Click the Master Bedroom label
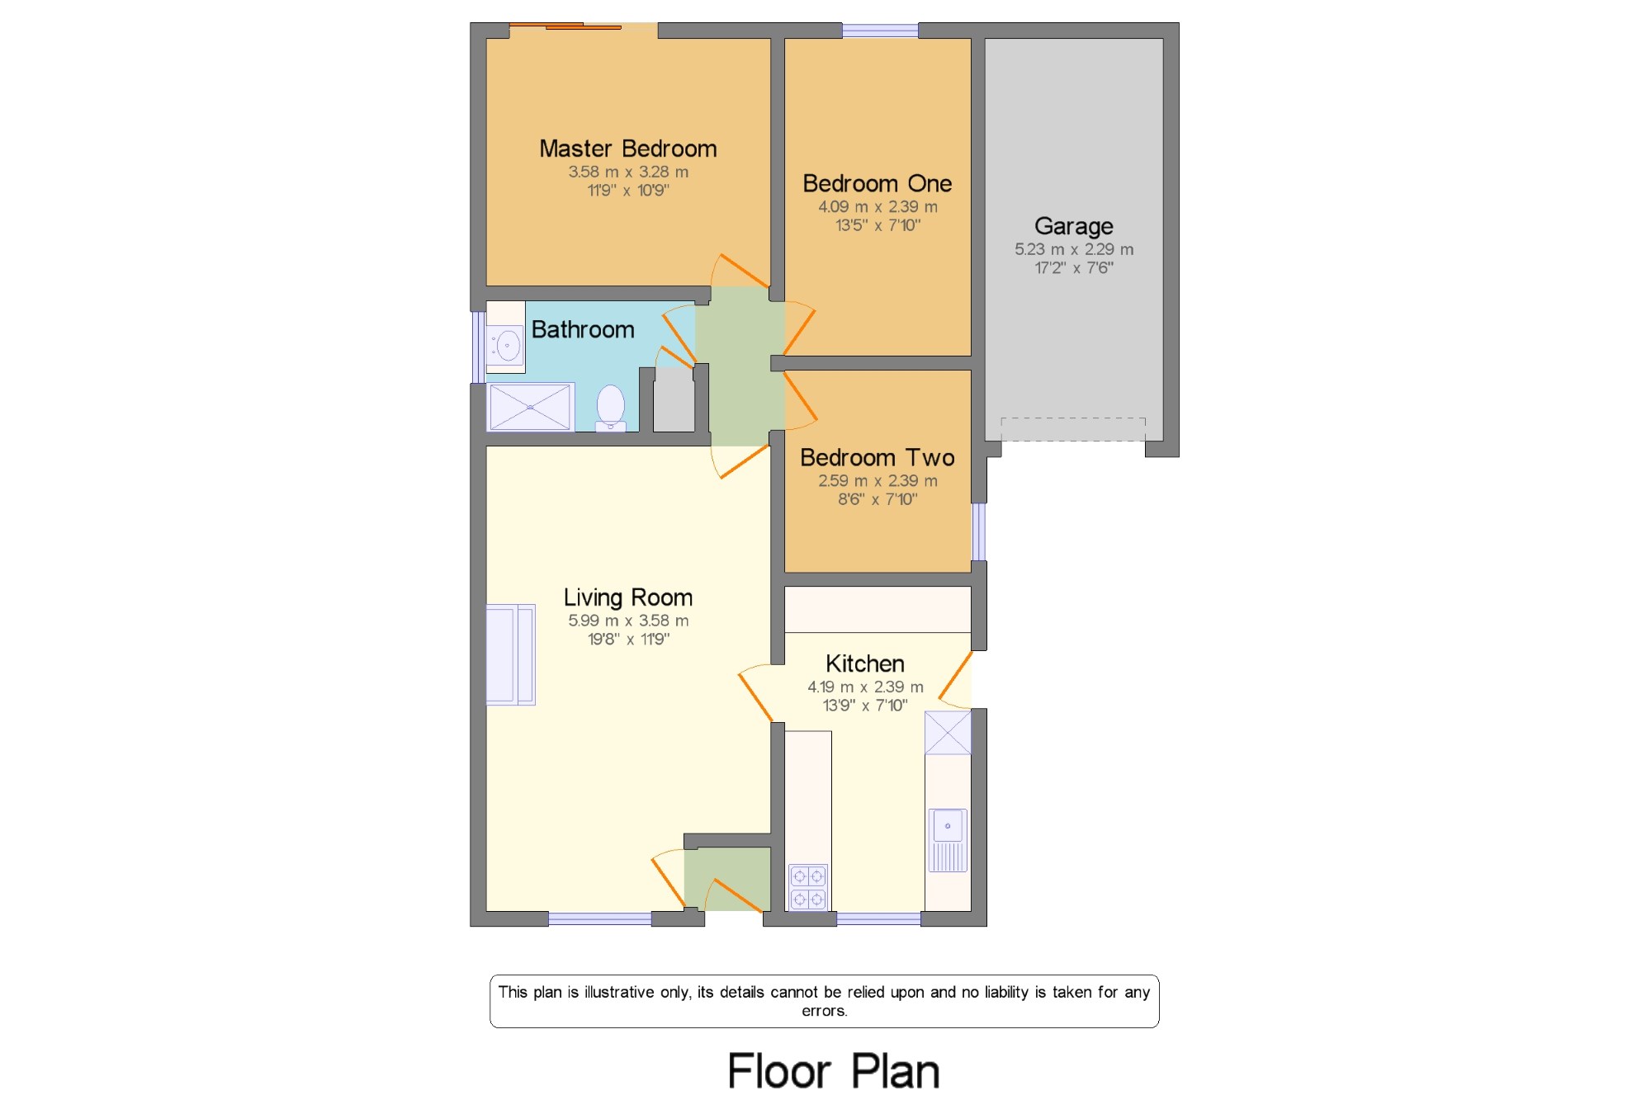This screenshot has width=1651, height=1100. [628, 149]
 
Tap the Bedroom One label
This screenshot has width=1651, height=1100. [878, 183]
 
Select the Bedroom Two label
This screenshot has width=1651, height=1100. [878, 457]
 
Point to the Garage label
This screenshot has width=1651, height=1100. [1074, 226]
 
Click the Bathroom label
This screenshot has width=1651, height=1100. [583, 329]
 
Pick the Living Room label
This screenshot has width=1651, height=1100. [628, 597]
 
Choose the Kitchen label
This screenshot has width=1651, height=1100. [865, 663]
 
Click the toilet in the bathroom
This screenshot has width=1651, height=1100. [611, 408]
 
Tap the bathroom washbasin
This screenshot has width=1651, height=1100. [505, 345]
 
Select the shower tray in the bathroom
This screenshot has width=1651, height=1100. [530, 407]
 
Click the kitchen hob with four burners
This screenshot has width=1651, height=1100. [808, 887]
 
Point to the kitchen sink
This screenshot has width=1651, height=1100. [948, 840]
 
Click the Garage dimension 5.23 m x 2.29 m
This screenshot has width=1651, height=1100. [1074, 249]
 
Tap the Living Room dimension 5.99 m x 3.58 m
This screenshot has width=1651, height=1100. [628, 621]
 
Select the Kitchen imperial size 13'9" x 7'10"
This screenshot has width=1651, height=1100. [865, 706]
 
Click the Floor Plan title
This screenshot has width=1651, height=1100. [834, 1072]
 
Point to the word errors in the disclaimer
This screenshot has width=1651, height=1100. [825, 1011]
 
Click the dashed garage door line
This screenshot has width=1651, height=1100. [1073, 418]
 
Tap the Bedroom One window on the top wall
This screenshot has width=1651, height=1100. [880, 31]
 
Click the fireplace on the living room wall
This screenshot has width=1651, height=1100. [510, 654]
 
